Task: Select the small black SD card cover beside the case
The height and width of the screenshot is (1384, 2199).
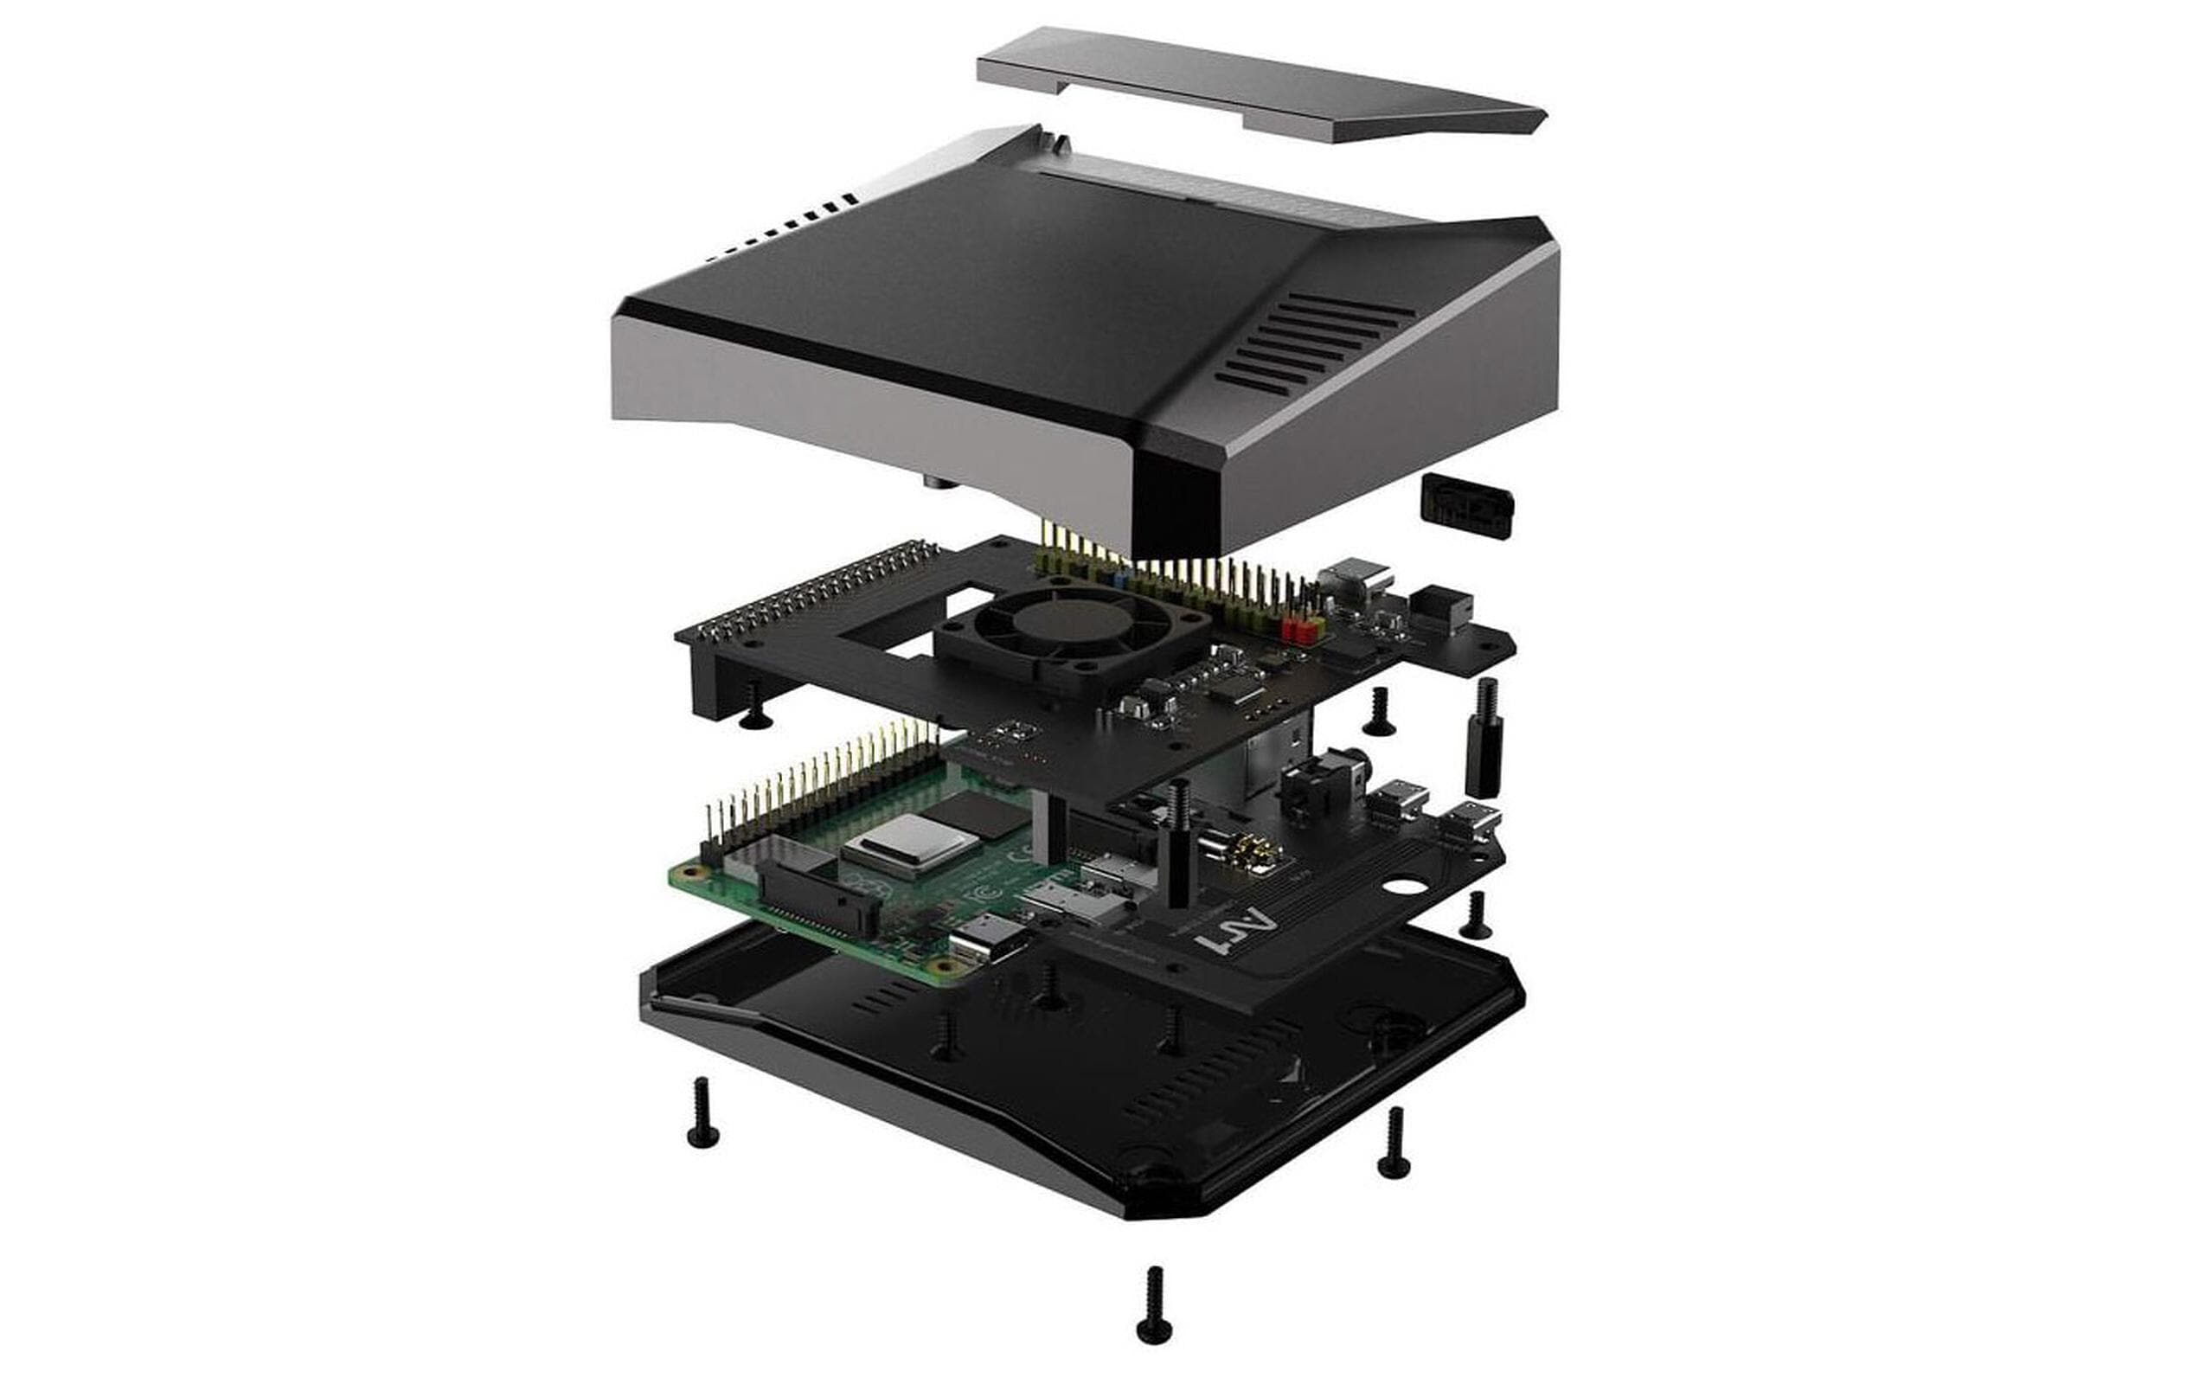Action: [x=1466, y=504]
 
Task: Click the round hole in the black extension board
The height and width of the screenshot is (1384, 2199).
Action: [x=1405, y=886]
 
